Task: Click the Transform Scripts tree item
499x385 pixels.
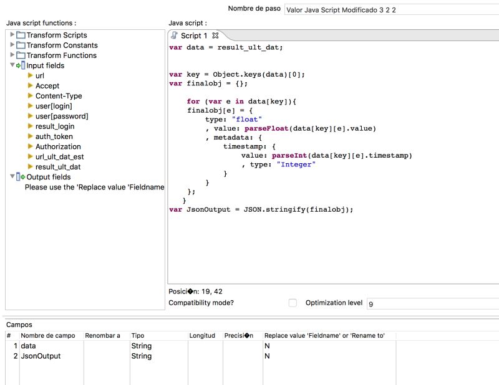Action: pos(56,36)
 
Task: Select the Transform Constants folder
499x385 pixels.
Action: pos(62,45)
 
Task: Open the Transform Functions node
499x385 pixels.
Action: pos(61,55)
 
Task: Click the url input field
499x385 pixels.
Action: pos(40,76)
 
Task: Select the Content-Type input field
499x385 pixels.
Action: pos(59,96)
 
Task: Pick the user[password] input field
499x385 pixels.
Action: pos(62,116)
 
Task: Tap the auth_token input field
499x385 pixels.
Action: pos(54,136)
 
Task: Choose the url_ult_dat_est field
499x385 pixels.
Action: pos(59,157)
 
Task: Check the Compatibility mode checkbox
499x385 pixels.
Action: pos(293,303)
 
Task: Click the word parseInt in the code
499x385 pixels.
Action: pos(290,156)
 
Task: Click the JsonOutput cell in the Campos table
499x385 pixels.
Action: pos(41,356)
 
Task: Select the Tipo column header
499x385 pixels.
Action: pos(138,336)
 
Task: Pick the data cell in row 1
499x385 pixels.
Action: pos(29,346)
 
